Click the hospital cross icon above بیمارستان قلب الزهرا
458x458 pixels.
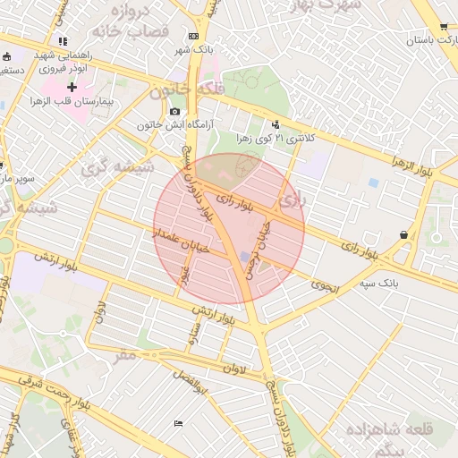72,87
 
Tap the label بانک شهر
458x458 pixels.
195,48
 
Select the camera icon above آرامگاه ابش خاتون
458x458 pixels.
174,110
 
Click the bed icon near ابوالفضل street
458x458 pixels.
179,422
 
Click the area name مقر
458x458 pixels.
126,355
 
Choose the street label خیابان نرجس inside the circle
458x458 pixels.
256,253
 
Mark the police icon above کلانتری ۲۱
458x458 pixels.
276,124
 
